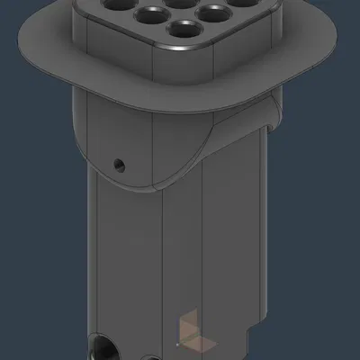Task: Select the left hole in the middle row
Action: pos(144,14)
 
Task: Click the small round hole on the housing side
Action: pos(118,165)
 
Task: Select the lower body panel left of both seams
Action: pos(126,261)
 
